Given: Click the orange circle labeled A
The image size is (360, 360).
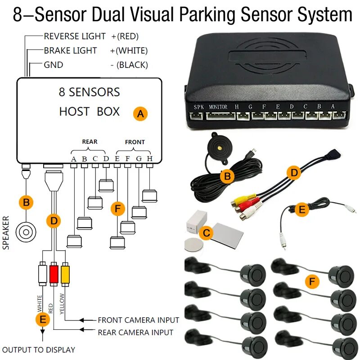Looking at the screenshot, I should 140,114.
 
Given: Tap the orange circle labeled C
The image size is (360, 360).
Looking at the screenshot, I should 207,233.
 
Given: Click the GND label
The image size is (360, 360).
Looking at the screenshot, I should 53,65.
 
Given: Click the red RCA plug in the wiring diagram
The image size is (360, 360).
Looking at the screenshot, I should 54,273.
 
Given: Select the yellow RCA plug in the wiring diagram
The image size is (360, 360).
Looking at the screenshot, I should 66,273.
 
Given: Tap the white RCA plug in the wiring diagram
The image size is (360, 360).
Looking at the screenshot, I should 42,273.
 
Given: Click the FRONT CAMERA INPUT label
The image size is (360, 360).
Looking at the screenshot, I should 139,320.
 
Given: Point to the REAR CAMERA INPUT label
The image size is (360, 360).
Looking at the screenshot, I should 135,333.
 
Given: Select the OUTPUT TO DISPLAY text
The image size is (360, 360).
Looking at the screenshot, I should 39,350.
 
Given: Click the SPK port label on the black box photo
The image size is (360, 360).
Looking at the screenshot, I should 198,107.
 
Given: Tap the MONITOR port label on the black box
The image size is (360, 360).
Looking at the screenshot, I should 218,107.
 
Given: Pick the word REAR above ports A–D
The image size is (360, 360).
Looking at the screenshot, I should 90,142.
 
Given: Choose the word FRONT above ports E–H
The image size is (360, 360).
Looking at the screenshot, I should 135,142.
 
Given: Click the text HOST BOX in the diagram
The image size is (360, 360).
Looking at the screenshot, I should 89,111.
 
